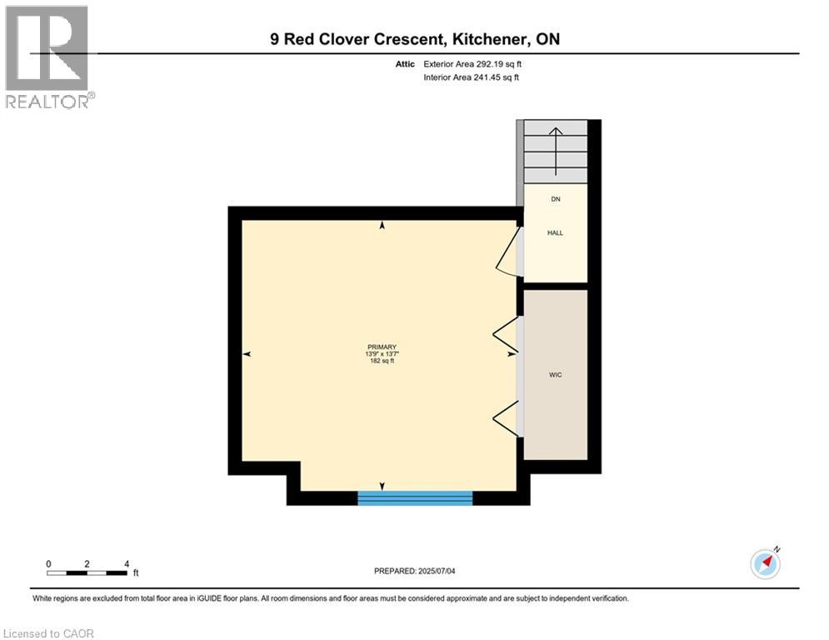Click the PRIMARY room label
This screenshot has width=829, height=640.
coord(382,347)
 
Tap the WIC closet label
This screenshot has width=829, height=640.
coord(555,375)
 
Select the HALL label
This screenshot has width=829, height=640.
coord(555,233)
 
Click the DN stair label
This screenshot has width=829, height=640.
coord(555,199)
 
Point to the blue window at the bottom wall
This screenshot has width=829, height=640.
coord(415,497)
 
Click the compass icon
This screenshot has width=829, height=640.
coord(765,563)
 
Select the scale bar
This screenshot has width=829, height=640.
coord(87,572)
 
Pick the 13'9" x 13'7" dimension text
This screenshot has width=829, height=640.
coord(382,354)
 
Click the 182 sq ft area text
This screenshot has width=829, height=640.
coord(382,362)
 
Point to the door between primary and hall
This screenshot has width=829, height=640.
coord(508,251)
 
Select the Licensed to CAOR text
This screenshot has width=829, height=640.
coord(49,633)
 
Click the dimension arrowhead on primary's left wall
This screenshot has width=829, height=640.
coord(247,354)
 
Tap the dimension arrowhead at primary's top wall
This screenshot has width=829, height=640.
coord(382,225)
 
